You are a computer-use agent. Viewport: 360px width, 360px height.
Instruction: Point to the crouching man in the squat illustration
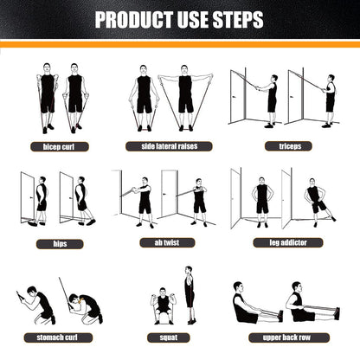click(x=160, y=306)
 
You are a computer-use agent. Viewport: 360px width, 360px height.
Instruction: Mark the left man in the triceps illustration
click(x=272, y=95)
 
